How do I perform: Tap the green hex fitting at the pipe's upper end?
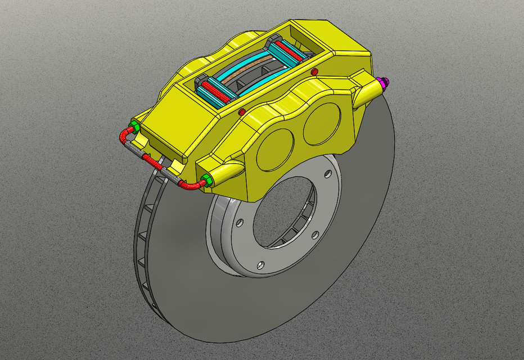point(134,125)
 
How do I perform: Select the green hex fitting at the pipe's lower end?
point(206,181)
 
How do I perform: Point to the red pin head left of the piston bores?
point(242,112)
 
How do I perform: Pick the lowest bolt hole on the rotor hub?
point(260,264)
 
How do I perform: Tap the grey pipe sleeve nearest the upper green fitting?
point(133,148)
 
